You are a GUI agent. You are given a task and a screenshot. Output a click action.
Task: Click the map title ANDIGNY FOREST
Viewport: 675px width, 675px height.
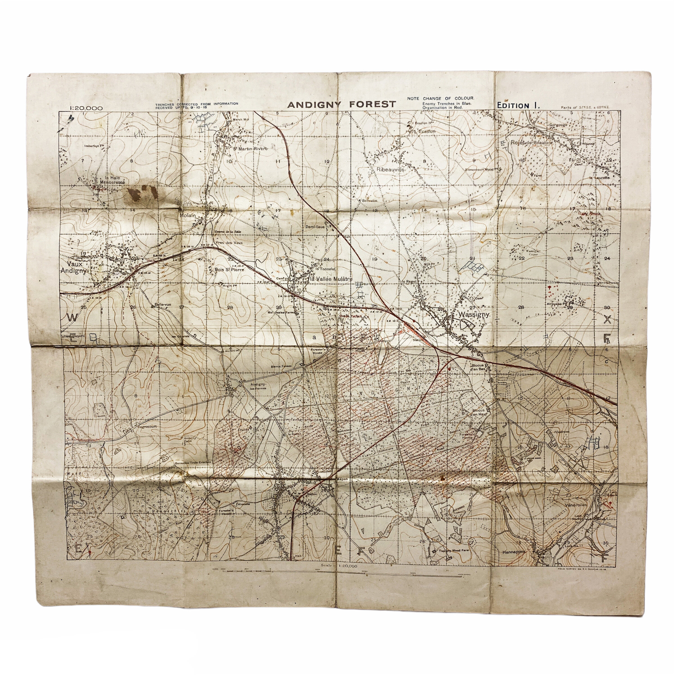[342, 104]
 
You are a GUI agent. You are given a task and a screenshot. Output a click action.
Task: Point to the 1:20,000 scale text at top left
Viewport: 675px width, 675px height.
[86, 108]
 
